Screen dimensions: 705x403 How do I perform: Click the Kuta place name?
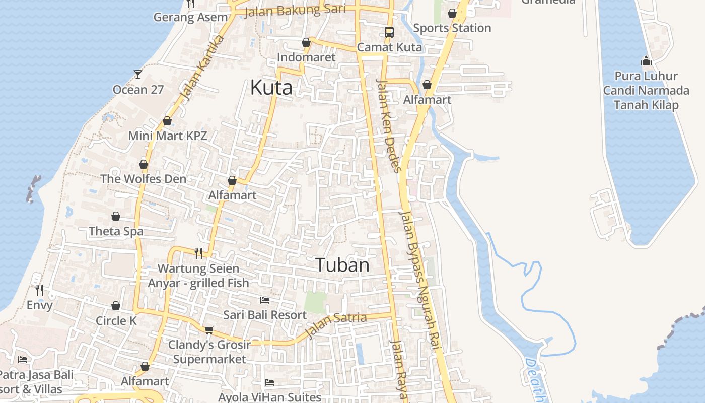(x=271, y=88)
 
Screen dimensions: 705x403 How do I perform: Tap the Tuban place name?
(x=342, y=265)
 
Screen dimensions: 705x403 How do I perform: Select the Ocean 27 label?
(x=138, y=90)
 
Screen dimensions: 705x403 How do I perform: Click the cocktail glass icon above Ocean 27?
(x=138, y=75)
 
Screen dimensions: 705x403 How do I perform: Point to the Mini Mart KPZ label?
(x=168, y=136)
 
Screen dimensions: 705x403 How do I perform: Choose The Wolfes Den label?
(x=143, y=179)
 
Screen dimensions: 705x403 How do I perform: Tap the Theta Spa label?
(x=116, y=231)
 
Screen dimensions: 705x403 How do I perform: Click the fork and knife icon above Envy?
(x=39, y=290)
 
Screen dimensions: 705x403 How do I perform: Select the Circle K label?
(x=116, y=321)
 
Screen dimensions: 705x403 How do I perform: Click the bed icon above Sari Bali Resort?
(x=265, y=300)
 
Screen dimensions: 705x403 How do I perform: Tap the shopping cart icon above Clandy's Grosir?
(x=209, y=330)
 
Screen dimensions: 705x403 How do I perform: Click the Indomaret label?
(x=306, y=57)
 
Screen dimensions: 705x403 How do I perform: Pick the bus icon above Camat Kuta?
(x=389, y=32)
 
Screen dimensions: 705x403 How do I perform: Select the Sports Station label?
(x=452, y=28)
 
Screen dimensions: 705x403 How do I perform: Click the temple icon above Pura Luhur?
(x=646, y=61)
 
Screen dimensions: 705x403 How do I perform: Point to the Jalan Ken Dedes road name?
(x=389, y=126)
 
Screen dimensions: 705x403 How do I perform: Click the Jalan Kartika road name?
(x=201, y=68)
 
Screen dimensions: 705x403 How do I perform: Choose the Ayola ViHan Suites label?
(x=269, y=397)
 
